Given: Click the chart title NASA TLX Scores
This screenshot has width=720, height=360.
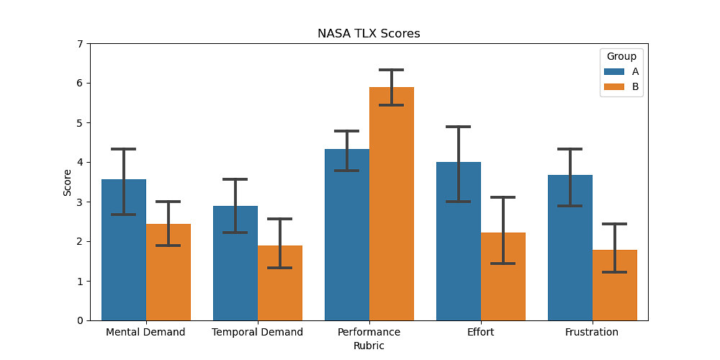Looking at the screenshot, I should [x=369, y=34].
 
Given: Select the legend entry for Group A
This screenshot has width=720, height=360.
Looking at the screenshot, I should [x=621, y=71].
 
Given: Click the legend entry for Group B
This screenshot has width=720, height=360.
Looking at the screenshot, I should [x=621, y=86].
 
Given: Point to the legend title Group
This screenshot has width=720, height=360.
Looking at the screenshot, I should [x=621, y=56].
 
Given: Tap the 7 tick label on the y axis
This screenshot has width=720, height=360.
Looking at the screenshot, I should [x=80, y=44].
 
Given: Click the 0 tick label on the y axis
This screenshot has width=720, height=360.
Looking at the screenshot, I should [x=80, y=320].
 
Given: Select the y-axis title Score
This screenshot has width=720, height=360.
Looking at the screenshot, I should [x=68, y=182].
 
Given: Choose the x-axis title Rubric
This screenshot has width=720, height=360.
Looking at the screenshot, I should [x=369, y=346].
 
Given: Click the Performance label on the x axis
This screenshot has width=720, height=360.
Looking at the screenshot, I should [x=369, y=333].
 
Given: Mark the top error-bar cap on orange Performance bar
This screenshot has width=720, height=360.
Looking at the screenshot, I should [x=392, y=70].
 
